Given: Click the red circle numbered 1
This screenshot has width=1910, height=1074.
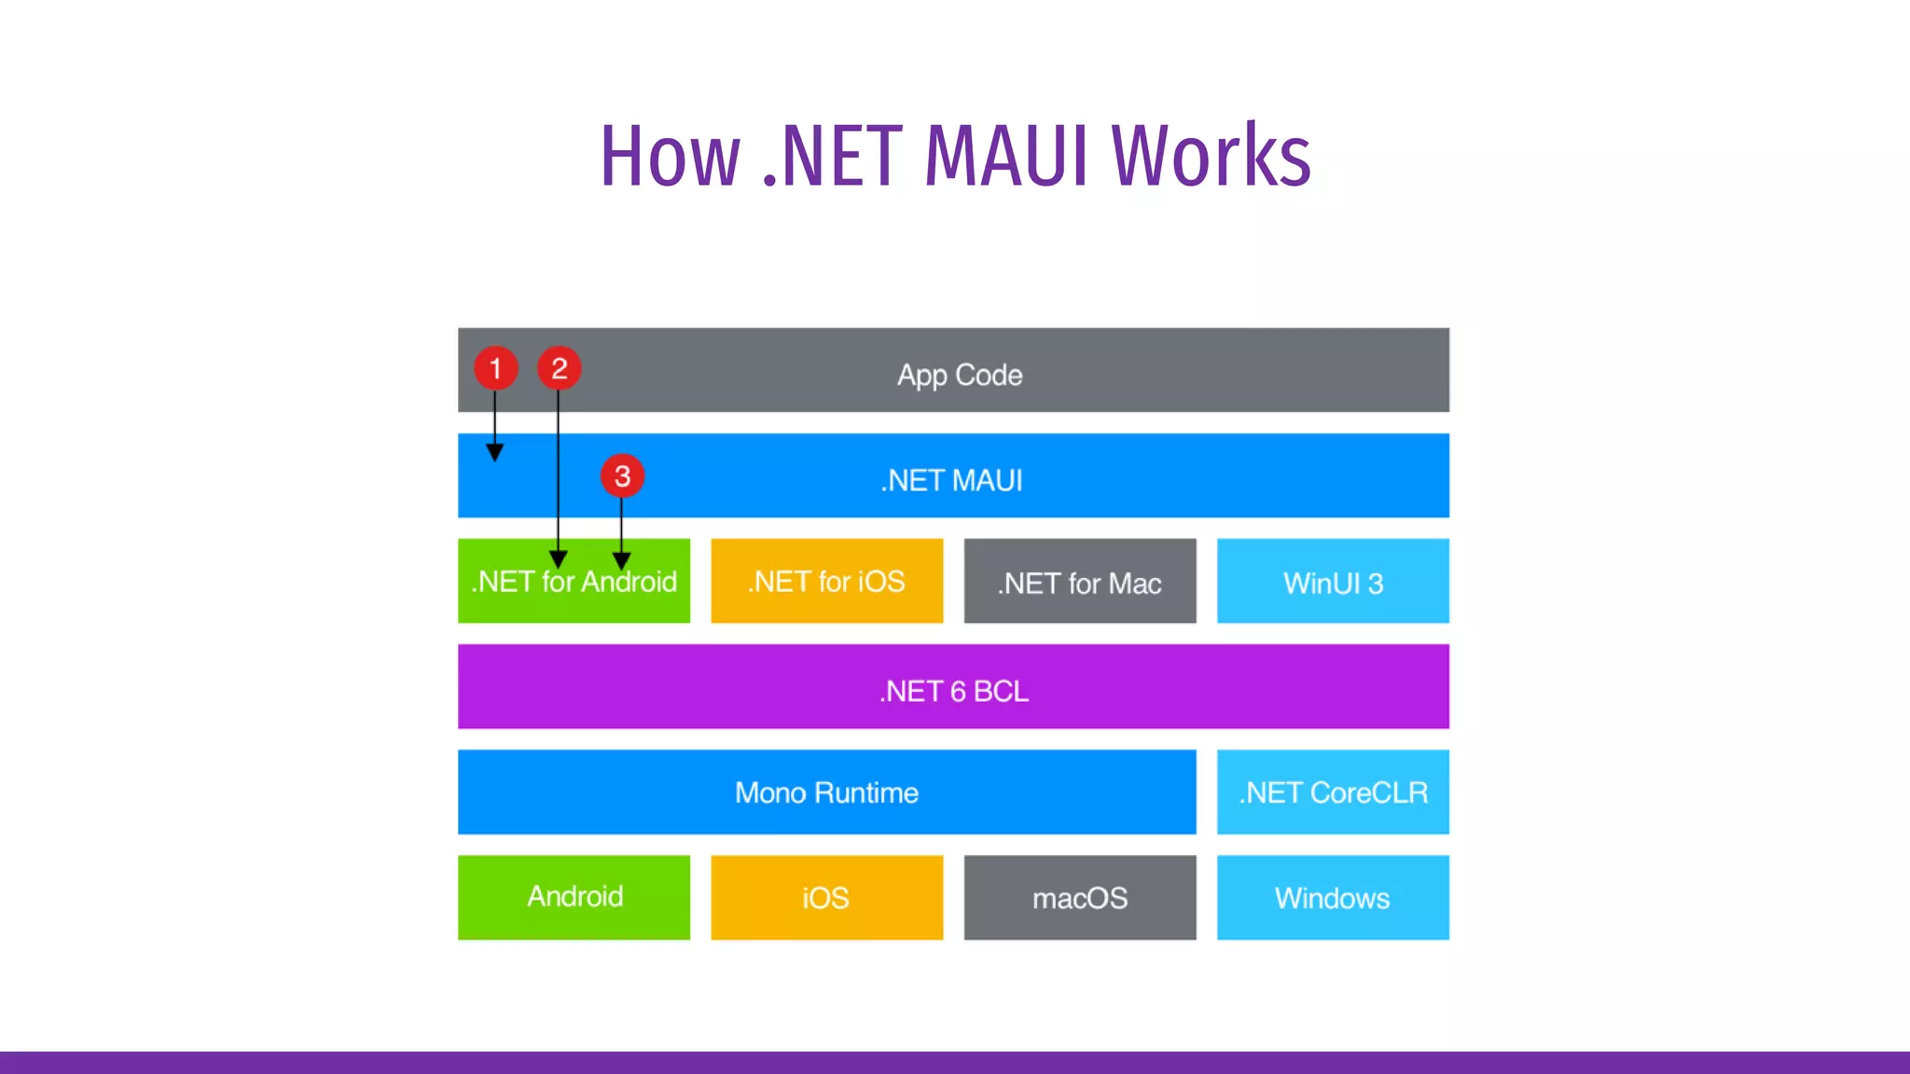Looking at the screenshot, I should pos(495,368).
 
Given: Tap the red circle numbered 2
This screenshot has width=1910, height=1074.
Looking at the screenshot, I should pos(559,368).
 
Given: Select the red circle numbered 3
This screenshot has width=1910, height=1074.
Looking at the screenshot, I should pos(622,476).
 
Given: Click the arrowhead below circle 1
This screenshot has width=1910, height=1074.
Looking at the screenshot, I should pos(495,453).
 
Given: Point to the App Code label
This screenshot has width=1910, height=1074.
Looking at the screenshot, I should pos(960,375).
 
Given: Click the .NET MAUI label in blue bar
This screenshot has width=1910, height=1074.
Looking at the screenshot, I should pos(952,480).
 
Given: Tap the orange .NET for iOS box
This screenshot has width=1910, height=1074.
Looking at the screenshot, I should pos(826,581).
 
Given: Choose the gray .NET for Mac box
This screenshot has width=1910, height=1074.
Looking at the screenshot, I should pos(1079,582).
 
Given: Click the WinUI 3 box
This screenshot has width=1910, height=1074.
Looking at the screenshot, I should pos(1333,582).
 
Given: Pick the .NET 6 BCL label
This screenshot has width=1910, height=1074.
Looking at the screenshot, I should pos(953,691).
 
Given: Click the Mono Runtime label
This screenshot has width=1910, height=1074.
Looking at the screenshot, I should pos(826,792).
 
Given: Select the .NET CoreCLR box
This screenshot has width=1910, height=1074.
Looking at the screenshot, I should pos(1333,792).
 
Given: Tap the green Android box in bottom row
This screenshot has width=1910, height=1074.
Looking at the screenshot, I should pos(574,897).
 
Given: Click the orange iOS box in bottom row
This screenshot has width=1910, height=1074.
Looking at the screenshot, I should pos(826,897).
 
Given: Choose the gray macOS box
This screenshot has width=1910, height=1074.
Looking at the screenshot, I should pos(1079,897).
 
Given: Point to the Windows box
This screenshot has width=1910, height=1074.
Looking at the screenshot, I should pos(1333,897).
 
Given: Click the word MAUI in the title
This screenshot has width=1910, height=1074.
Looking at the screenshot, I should pos(1006,156).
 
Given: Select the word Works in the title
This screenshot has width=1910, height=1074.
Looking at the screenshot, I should pos(1211,156).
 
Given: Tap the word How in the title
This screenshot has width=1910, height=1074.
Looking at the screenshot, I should pos(670,156).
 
